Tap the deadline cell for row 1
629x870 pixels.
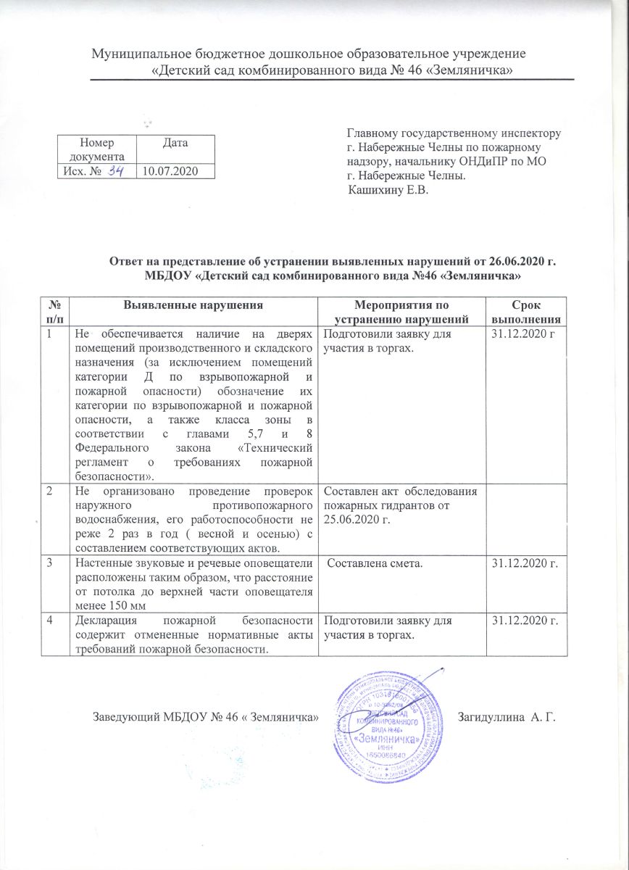[x=523, y=335]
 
